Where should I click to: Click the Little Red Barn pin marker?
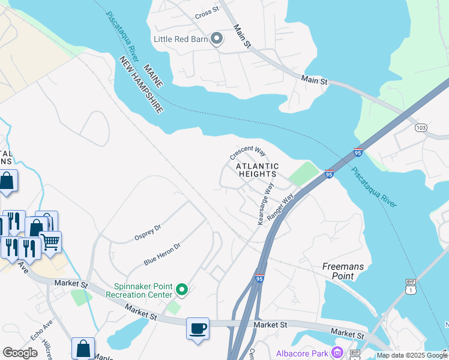click(217, 40)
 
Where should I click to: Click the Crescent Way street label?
click(247, 152)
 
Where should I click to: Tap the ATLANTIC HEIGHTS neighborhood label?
click(257, 170)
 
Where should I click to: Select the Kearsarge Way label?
click(265, 204)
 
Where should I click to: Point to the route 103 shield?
click(421, 128)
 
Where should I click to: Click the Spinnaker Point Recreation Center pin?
click(181, 290)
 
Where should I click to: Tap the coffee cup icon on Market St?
click(197, 329)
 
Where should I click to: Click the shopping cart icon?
click(50, 242)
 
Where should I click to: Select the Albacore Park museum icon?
click(337, 352)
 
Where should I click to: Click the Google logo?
click(20, 353)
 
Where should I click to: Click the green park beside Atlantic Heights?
click(303, 175)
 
